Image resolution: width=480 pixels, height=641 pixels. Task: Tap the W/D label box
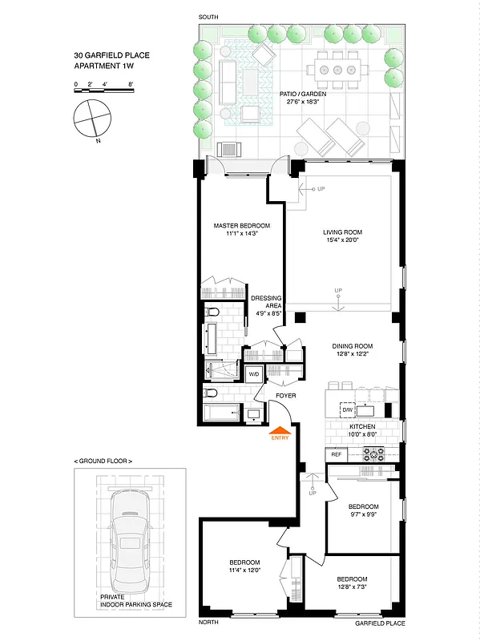pos(253,374)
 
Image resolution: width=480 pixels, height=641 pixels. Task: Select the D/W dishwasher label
pos(348,409)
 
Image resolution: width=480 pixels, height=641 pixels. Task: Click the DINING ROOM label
pos(353,347)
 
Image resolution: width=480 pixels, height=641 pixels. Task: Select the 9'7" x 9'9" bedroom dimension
pos(363,516)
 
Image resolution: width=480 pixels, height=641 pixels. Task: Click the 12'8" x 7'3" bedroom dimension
pos(352,589)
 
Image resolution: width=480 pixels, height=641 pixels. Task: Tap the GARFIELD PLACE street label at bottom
pos(381,623)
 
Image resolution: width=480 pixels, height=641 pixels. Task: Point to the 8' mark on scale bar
pos(131,83)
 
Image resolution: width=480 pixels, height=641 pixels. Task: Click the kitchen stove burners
pos(373,454)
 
